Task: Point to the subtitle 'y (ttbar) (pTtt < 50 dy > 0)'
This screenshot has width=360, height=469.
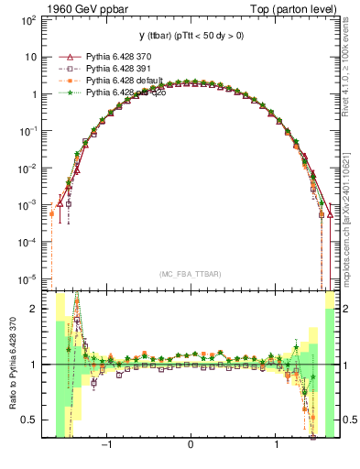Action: (x=190, y=36)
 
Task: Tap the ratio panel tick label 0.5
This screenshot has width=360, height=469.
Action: (x=38, y=420)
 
